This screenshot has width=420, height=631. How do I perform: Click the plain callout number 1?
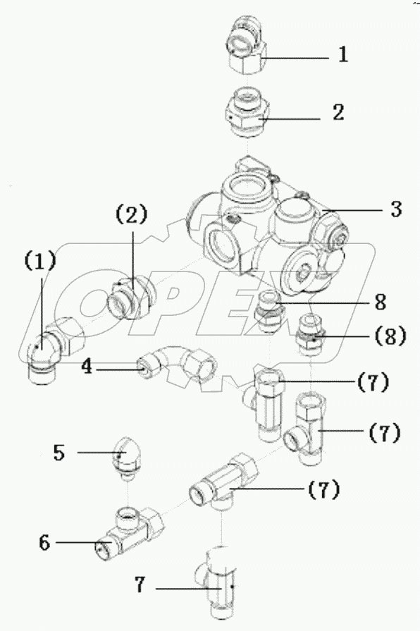[x=342, y=54]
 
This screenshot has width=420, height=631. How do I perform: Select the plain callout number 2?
[x=338, y=113]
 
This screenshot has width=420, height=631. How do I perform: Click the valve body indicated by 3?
[x=268, y=226]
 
